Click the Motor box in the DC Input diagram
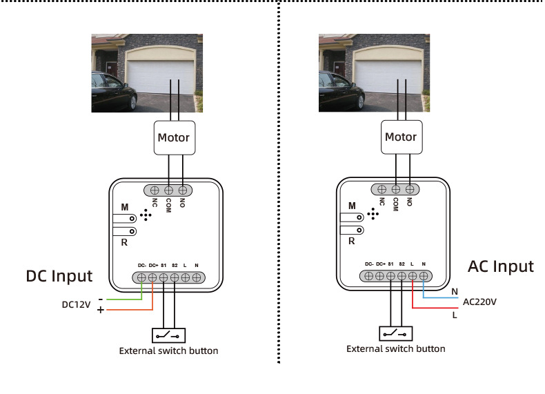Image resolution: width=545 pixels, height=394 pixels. (175, 138)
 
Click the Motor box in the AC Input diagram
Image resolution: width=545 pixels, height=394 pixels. (402, 137)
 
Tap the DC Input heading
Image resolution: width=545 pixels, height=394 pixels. (59, 276)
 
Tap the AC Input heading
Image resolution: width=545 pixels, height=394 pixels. (501, 267)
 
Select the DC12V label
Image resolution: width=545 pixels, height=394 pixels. (76, 304)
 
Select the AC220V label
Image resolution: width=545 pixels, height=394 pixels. (479, 302)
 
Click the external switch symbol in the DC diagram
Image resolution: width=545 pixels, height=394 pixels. (168, 335)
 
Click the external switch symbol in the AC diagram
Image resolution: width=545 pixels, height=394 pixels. (396, 334)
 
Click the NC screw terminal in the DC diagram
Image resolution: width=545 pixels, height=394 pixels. (155, 190)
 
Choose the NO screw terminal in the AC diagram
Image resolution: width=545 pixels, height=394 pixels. (410, 189)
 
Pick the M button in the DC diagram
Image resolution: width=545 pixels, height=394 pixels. (124, 218)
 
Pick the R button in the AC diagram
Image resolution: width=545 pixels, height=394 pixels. (352, 230)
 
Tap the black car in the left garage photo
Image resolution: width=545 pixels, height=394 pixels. (114, 91)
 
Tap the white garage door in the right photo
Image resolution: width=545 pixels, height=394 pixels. (389, 77)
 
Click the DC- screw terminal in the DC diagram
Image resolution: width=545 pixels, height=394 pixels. (141, 277)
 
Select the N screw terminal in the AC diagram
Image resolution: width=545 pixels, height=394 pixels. (424, 276)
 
